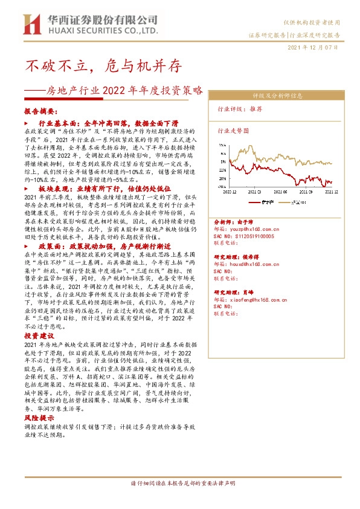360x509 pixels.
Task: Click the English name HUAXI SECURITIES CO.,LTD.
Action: coord(102,30)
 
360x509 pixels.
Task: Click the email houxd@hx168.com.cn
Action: coord(257,264)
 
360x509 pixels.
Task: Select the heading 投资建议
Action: coord(39,336)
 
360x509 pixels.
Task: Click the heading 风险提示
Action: coord(39,418)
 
